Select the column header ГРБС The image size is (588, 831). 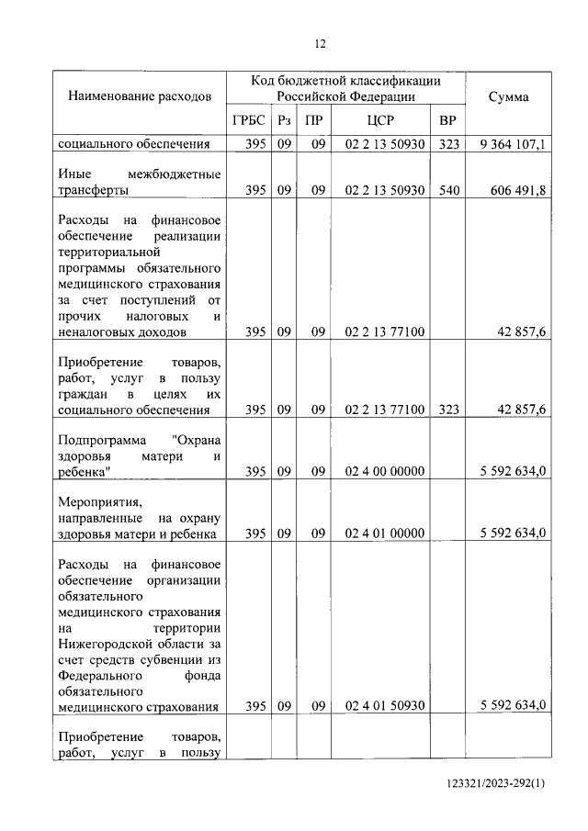[x=249, y=122]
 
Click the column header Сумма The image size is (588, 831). [x=507, y=96]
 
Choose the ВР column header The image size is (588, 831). [x=447, y=122]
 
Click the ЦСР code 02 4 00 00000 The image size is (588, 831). [x=384, y=472]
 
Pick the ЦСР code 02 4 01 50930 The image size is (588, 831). [x=384, y=705]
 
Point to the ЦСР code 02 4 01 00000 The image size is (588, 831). [x=384, y=533]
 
